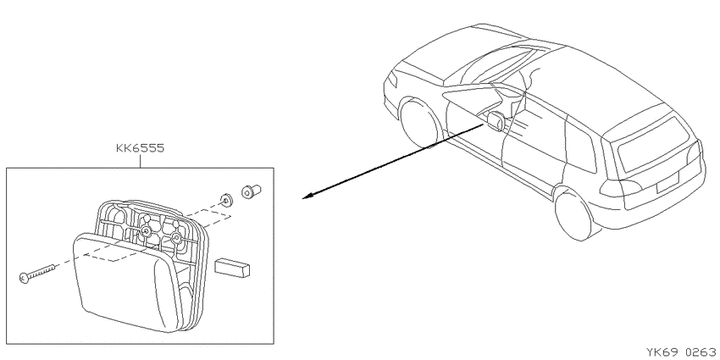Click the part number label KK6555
point(140,149)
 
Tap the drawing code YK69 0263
point(683,352)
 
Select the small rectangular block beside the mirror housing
point(232,267)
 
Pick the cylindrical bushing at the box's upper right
point(251,191)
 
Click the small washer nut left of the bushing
point(225,199)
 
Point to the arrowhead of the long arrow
point(307,197)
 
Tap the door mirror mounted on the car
point(495,120)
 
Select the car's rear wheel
point(574,213)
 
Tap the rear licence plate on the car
point(667,181)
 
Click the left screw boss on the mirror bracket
point(146,231)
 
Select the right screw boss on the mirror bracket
point(176,238)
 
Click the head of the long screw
point(25,277)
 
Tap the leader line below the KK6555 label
point(140,161)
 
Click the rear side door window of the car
point(581,148)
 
